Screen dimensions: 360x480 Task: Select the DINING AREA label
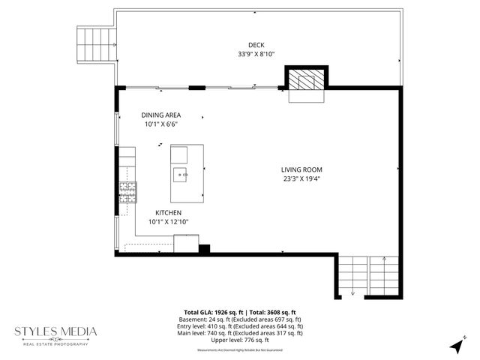pyautogui.click(x=161, y=115)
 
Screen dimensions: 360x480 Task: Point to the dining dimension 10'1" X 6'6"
pyautogui.click(x=161, y=125)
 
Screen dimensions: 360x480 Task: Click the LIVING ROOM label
pyautogui.click(x=301, y=169)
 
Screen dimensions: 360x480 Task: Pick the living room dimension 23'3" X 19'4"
pyautogui.click(x=301, y=179)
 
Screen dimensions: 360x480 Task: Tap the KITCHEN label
pyautogui.click(x=169, y=212)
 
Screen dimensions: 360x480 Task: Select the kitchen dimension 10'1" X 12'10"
pyautogui.click(x=169, y=222)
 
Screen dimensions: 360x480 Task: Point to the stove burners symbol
pyautogui.click(x=128, y=193)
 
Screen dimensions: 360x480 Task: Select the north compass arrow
pyautogui.click(x=457, y=346)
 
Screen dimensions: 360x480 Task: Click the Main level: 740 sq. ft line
pyautogui.click(x=240, y=333)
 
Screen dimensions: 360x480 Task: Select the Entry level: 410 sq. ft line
pyautogui.click(x=240, y=326)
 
